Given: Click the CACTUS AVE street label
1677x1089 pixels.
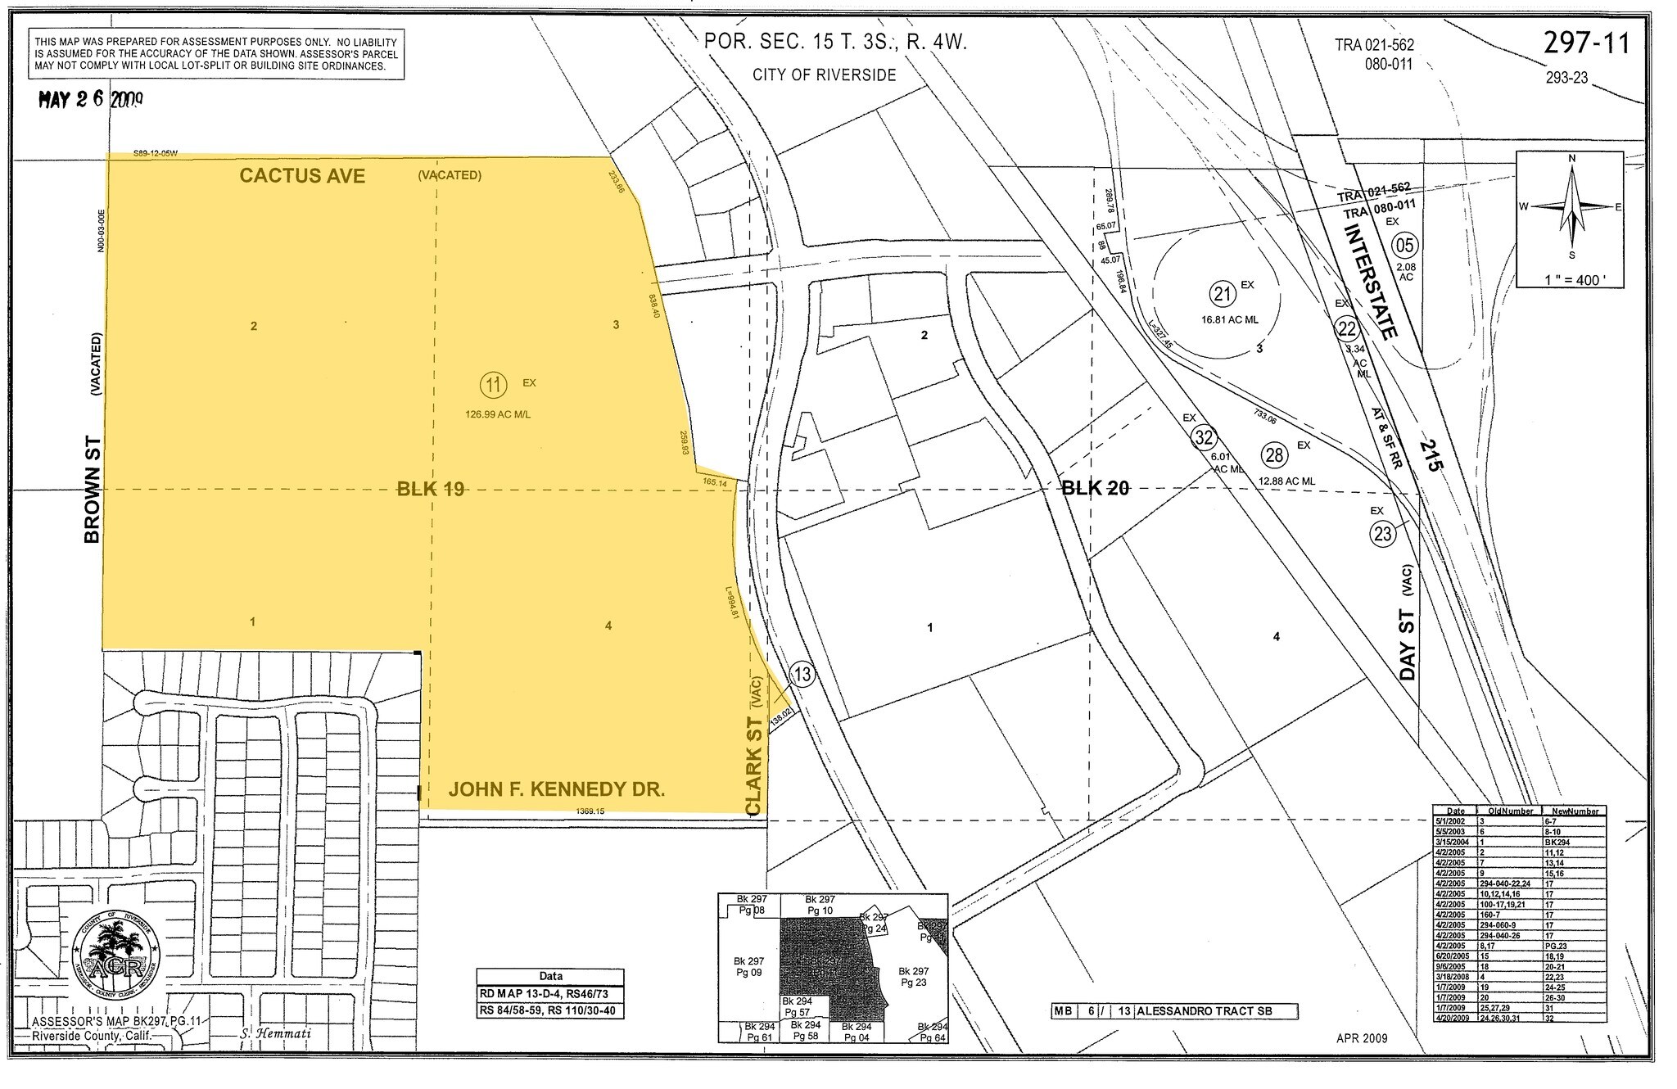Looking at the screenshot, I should (302, 176).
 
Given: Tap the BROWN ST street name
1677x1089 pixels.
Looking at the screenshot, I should (93, 488).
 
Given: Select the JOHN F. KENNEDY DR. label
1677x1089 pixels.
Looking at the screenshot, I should (556, 789).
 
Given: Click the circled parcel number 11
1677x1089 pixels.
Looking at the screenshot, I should (492, 384).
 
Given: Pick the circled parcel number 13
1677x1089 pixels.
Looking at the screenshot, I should (802, 675).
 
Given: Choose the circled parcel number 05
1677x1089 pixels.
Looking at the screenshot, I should (1405, 244).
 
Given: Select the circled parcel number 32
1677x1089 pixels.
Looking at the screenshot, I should (1203, 437).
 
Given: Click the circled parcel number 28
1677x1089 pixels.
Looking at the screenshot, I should (1274, 454).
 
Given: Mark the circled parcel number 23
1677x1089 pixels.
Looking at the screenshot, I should (1382, 535).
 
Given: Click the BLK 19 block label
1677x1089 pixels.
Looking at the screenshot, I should (431, 490).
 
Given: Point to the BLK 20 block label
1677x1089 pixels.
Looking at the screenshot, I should (1096, 489).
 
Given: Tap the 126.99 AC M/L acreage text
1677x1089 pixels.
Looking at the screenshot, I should (498, 414).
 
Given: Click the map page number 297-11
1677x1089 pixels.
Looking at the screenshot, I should (1586, 43).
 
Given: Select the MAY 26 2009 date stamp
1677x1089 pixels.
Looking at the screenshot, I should (92, 100).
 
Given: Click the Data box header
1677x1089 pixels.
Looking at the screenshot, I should (550, 977).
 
